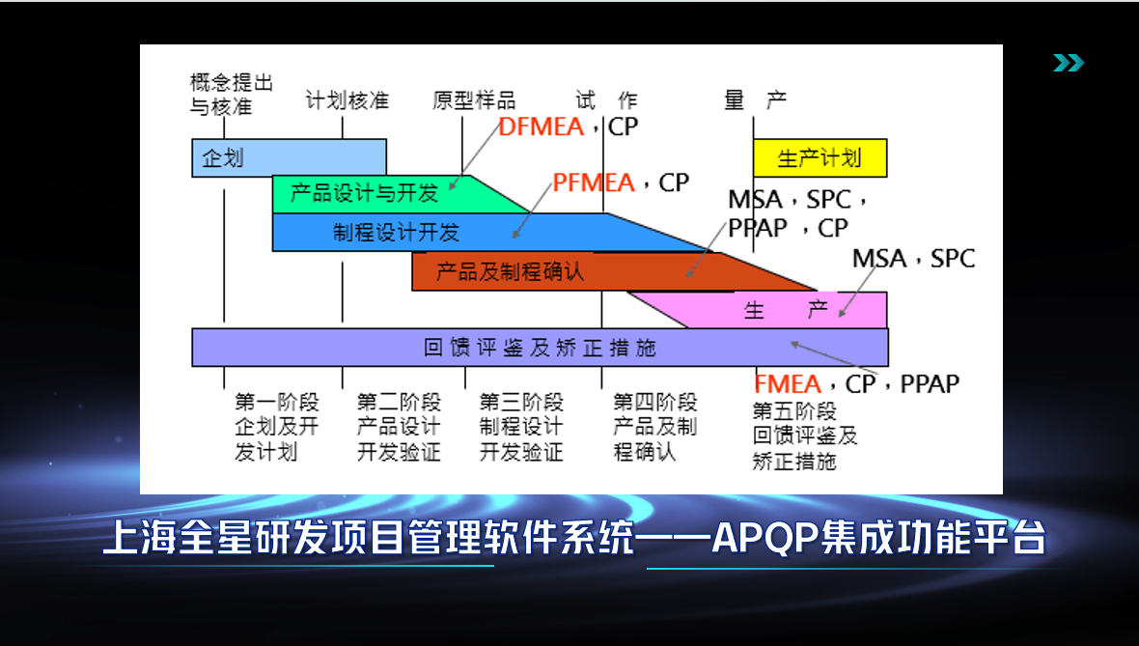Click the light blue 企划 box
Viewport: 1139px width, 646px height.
click(x=289, y=157)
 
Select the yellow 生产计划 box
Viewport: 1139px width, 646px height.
click(x=820, y=157)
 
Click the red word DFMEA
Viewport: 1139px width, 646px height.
click(x=542, y=126)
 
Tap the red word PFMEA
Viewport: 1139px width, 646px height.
click(x=594, y=183)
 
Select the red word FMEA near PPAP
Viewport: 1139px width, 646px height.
click(x=787, y=383)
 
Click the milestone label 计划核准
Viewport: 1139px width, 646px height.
click(x=347, y=100)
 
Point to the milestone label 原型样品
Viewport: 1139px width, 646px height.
click(x=474, y=100)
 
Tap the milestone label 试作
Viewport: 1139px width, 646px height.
click(x=606, y=100)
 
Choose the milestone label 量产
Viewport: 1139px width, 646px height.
click(x=755, y=100)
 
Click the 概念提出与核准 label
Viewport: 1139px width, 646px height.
click(x=231, y=94)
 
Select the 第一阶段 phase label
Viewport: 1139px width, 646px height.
click(x=276, y=403)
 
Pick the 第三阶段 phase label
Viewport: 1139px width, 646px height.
click(x=521, y=403)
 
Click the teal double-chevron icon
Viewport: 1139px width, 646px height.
click(x=1068, y=64)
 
